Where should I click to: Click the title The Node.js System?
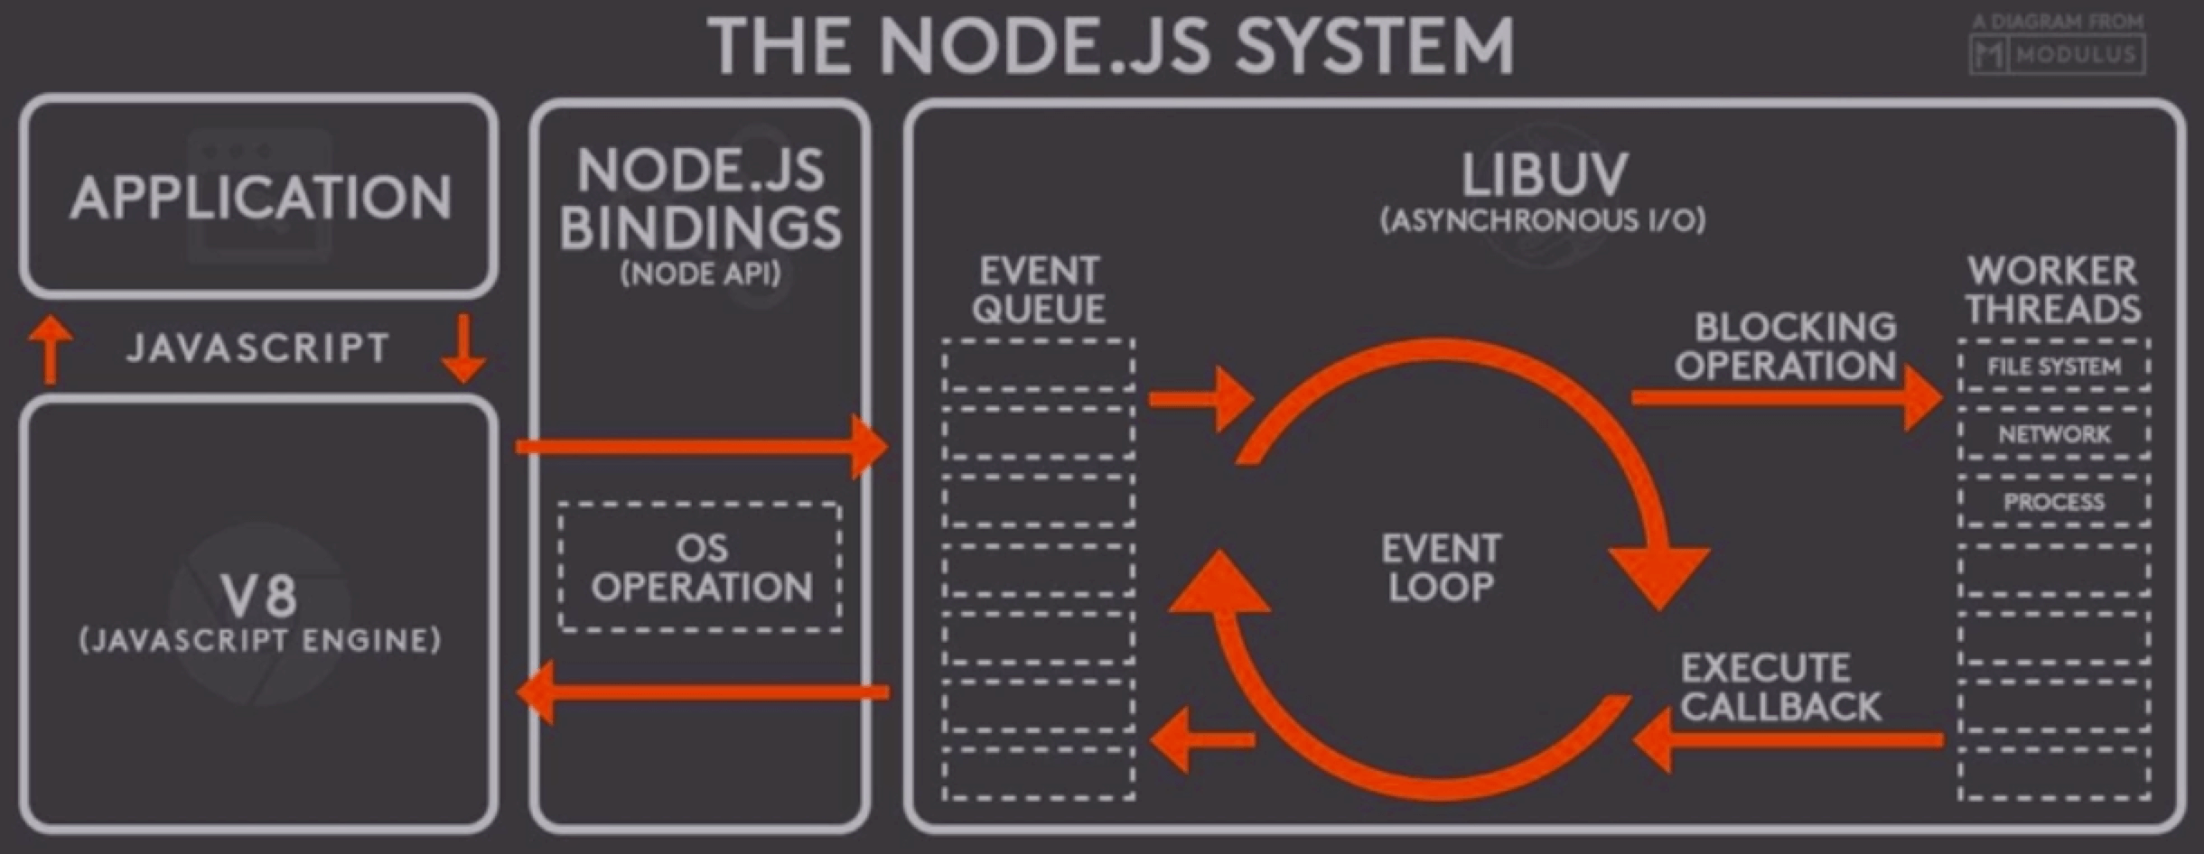click(x=1111, y=45)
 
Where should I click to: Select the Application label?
click(x=260, y=197)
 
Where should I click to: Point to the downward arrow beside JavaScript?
click(x=463, y=348)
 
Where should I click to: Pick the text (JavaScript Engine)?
click(x=260, y=641)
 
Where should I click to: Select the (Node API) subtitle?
click(x=700, y=274)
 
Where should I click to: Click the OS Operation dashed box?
click(x=700, y=567)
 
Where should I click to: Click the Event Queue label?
click(x=1039, y=290)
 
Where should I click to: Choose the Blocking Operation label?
click(x=1786, y=347)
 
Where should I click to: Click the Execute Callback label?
click(x=1779, y=687)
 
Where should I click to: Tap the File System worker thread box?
click(x=2054, y=367)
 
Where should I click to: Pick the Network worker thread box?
click(x=2054, y=434)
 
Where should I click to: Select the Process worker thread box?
click(x=2054, y=502)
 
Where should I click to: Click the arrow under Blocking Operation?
click(x=1784, y=397)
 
